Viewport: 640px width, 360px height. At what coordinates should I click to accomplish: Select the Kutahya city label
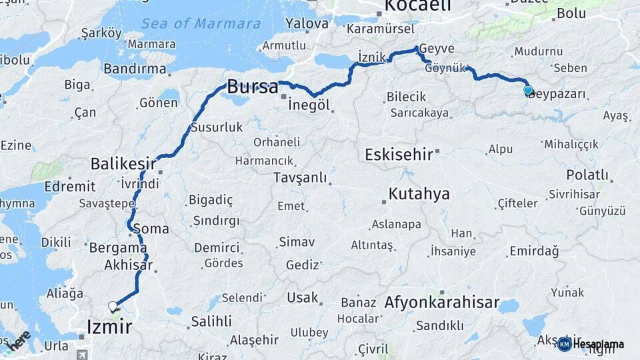click(x=419, y=194)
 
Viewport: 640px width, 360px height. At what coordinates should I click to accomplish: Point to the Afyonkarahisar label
click(x=441, y=303)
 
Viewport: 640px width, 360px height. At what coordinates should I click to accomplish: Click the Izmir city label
click(x=109, y=327)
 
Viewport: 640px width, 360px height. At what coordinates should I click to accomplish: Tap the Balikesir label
click(x=123, y=163)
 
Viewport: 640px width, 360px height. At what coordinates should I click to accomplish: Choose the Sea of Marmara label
click(x=201, y=24)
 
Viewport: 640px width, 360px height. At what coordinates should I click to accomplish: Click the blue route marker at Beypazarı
click(x=528, y=91)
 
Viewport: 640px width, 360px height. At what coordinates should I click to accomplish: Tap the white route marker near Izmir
click(x=113, y=307)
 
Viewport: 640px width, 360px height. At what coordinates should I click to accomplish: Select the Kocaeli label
click(x=418, y=6)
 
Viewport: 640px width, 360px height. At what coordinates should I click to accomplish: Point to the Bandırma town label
click(x=135, y=69)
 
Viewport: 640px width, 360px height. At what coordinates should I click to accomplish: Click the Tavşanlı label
click(x=300, y=177)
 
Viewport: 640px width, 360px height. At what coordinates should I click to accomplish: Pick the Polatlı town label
click(x=587, y=175)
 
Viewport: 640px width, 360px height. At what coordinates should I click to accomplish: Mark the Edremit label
click(x=70, y=186)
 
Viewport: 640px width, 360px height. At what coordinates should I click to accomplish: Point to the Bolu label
click(x=571, y=13)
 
